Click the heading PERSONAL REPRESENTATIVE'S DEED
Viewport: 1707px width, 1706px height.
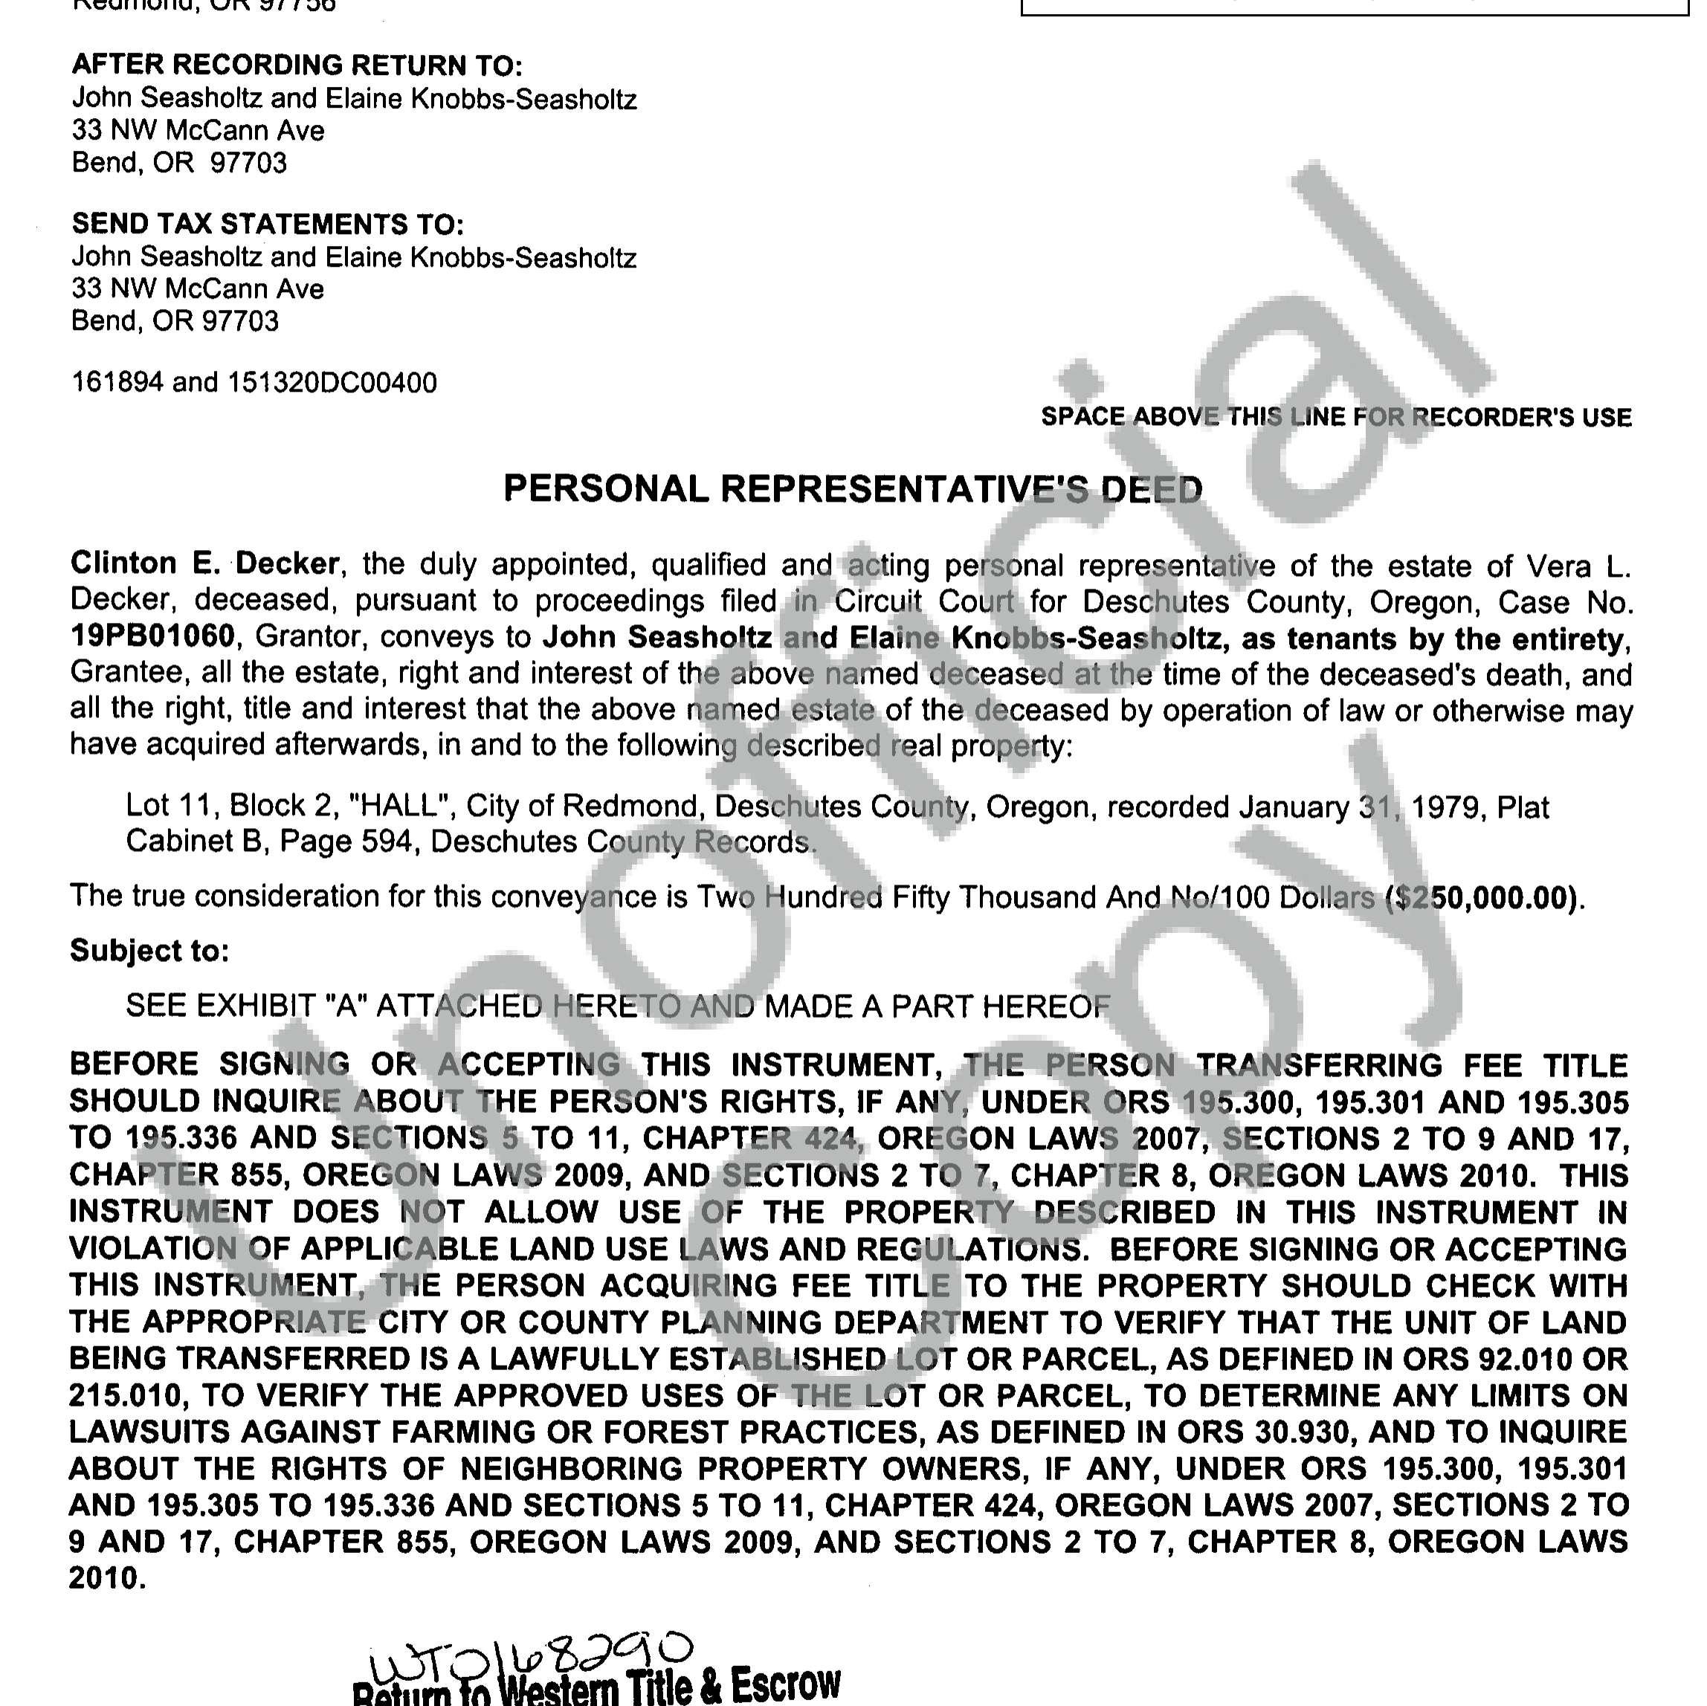click(853, 489)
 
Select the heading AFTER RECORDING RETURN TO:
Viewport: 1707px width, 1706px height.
click(297, 65)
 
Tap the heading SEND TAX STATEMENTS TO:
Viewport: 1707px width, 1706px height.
click(268, 224)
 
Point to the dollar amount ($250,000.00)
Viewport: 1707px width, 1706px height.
click(1482, 898)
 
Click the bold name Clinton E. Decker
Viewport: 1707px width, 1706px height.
click(204, 563)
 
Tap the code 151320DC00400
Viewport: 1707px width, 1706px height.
click(332, 383)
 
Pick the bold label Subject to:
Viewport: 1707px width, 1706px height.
click(149, 951)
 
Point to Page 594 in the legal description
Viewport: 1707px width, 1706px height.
click(346, 841)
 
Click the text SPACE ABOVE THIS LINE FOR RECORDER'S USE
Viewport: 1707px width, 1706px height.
click(1336, 417)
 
